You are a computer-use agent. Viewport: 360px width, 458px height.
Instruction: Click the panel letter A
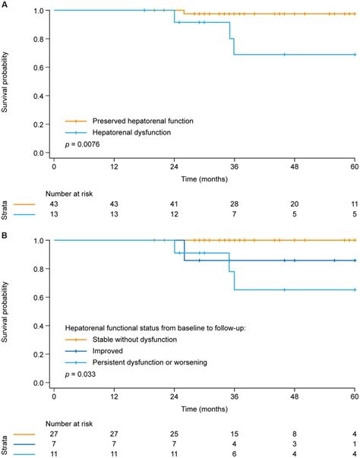(5, 5)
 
